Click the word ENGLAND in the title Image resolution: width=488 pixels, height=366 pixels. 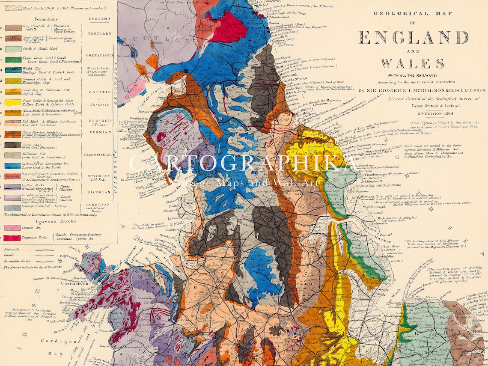pos(414,38)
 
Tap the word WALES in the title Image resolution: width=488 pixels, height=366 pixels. pos(412,63)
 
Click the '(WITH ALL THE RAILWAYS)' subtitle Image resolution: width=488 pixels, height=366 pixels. pos(412,75)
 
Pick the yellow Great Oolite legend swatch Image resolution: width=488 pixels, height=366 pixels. pos(13,102)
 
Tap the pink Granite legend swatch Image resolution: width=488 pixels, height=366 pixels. pos(13,228)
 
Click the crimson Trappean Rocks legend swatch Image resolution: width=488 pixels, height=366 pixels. pos(13,238)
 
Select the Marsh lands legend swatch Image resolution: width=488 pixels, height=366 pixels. pos(13,7)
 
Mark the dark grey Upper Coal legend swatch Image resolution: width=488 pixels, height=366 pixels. pos(13,145)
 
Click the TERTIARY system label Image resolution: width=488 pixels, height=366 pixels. pos(99,34)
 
